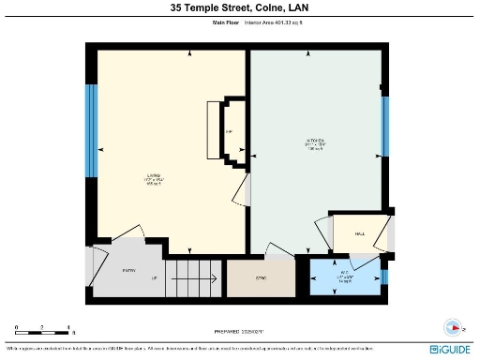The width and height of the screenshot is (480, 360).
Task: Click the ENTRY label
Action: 129,271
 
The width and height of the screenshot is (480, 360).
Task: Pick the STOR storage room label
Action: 261,278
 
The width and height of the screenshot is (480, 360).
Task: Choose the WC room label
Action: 344,276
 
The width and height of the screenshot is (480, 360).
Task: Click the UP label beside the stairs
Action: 154,278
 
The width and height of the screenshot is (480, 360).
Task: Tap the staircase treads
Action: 195,278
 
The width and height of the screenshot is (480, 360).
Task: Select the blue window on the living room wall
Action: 91,131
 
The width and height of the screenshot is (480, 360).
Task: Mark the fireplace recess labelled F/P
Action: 230,131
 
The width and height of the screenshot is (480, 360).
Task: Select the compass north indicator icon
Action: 455,328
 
